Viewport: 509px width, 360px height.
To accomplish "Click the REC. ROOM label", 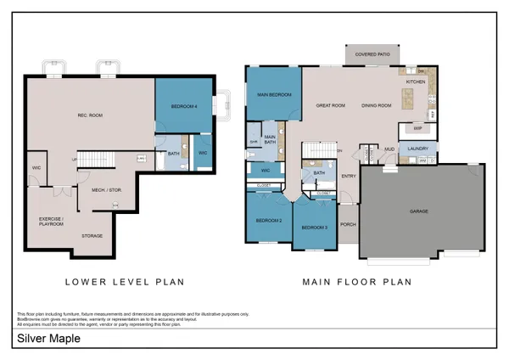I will pos(90,115).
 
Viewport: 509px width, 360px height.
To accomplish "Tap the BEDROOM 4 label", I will pos(183,106).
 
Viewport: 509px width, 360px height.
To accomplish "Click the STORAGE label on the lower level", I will pos(92,235).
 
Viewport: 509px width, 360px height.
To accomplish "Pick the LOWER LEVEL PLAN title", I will pos(125,281).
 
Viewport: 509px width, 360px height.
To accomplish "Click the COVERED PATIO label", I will pos(372,54).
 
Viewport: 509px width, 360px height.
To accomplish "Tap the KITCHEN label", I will pos(416,82).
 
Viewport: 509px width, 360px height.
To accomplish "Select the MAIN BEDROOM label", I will pos(273,95).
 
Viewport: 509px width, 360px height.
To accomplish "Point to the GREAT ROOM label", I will pos(330,105).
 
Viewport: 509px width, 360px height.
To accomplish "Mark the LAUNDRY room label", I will pos(417,149).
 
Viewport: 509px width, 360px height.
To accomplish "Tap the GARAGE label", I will pos(419,211).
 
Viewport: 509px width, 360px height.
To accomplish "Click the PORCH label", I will pos(348,225).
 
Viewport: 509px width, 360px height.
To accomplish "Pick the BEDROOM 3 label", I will pos(314,228).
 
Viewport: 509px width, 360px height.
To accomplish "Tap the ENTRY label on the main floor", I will pos(349,176).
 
